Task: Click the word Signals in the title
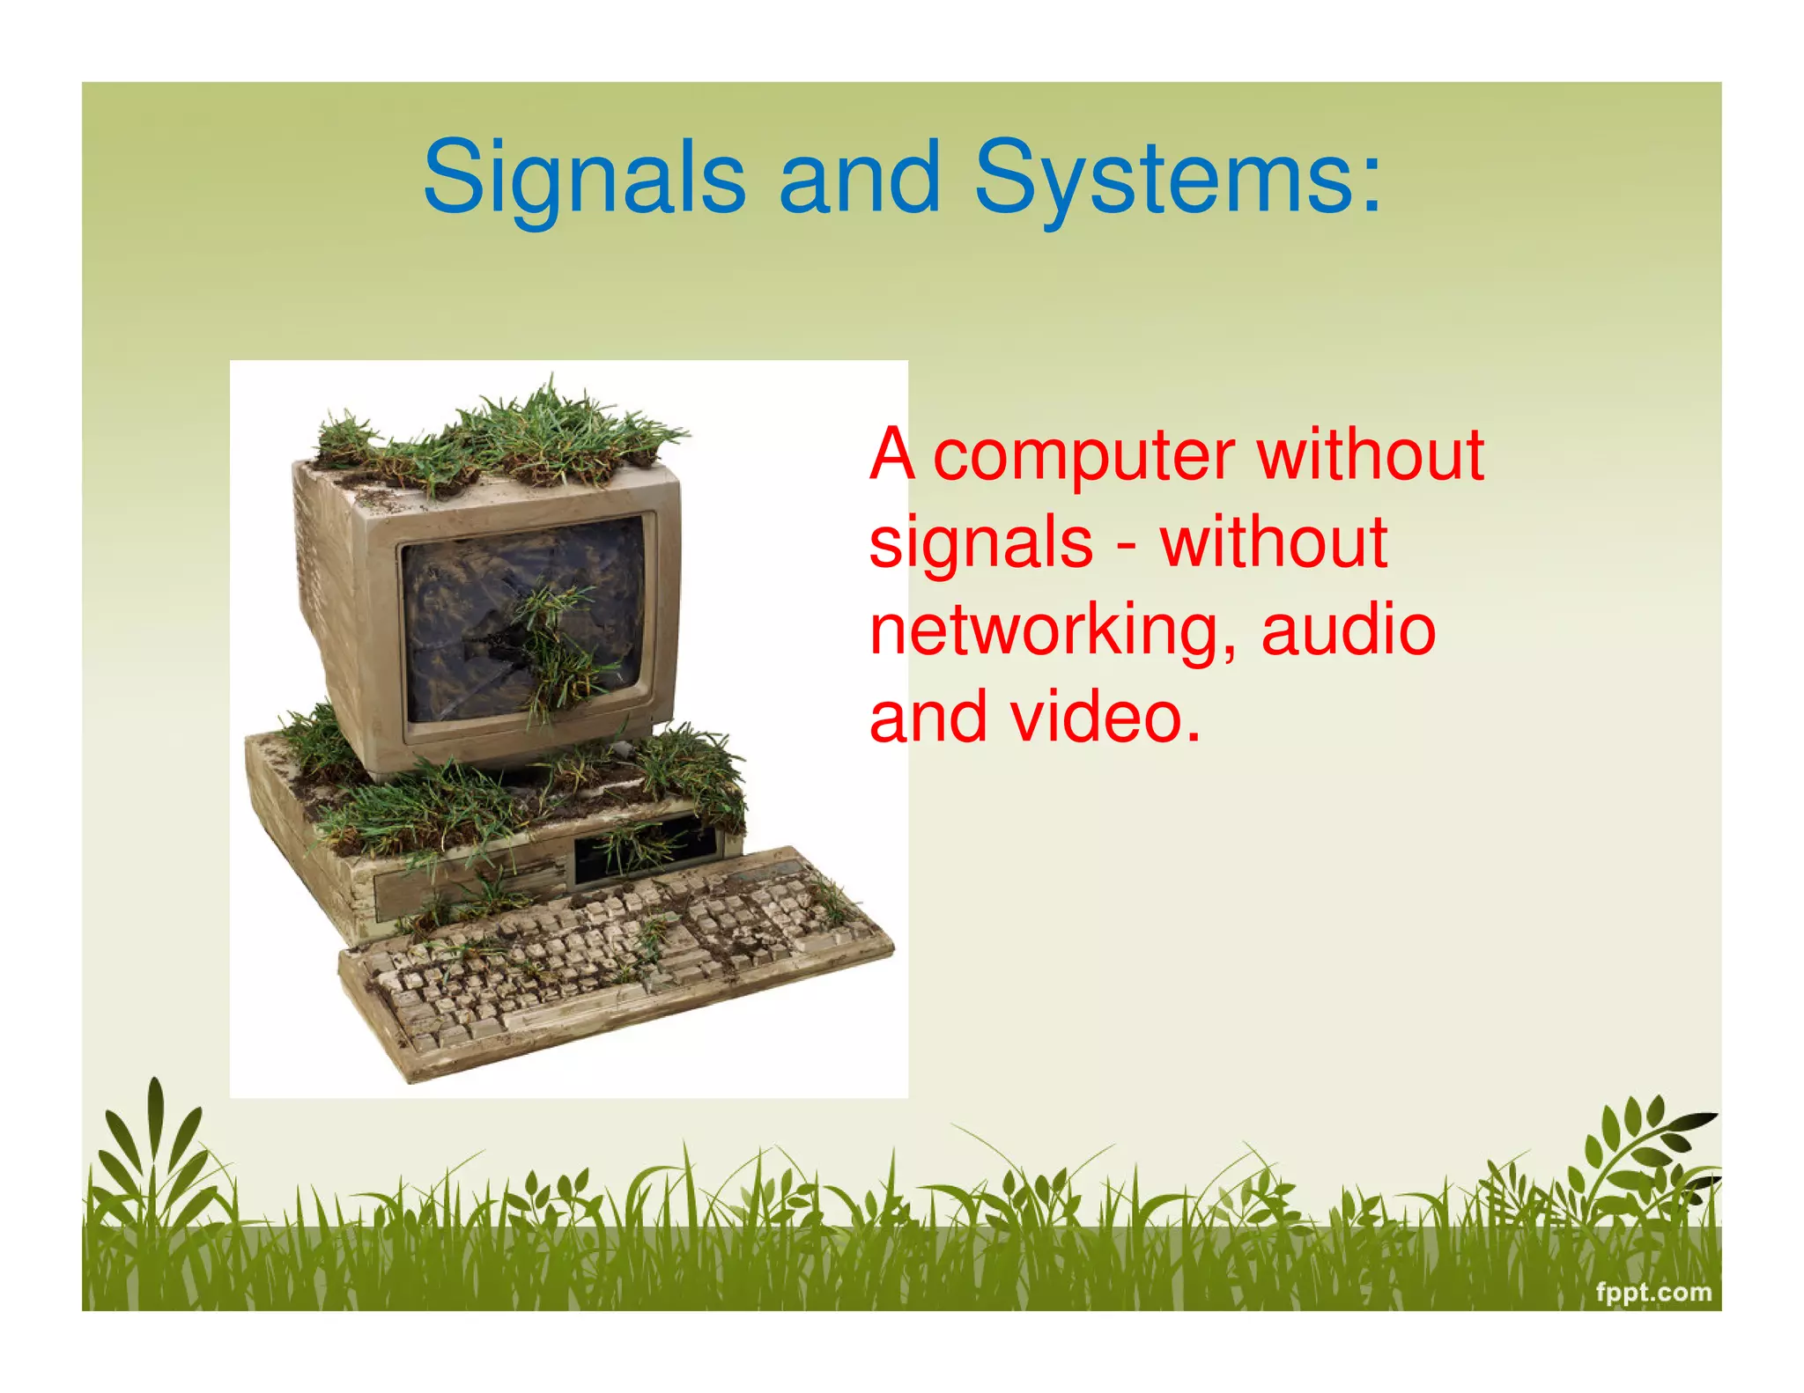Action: pyautogui.click(x=583, y=179)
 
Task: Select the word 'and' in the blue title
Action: pyautogui.click(x=859, y=179)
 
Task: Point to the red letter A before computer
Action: pyautogui.click(x=891, y=455)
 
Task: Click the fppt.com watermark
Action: pyautogui.click(x=1653, y=1292)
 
